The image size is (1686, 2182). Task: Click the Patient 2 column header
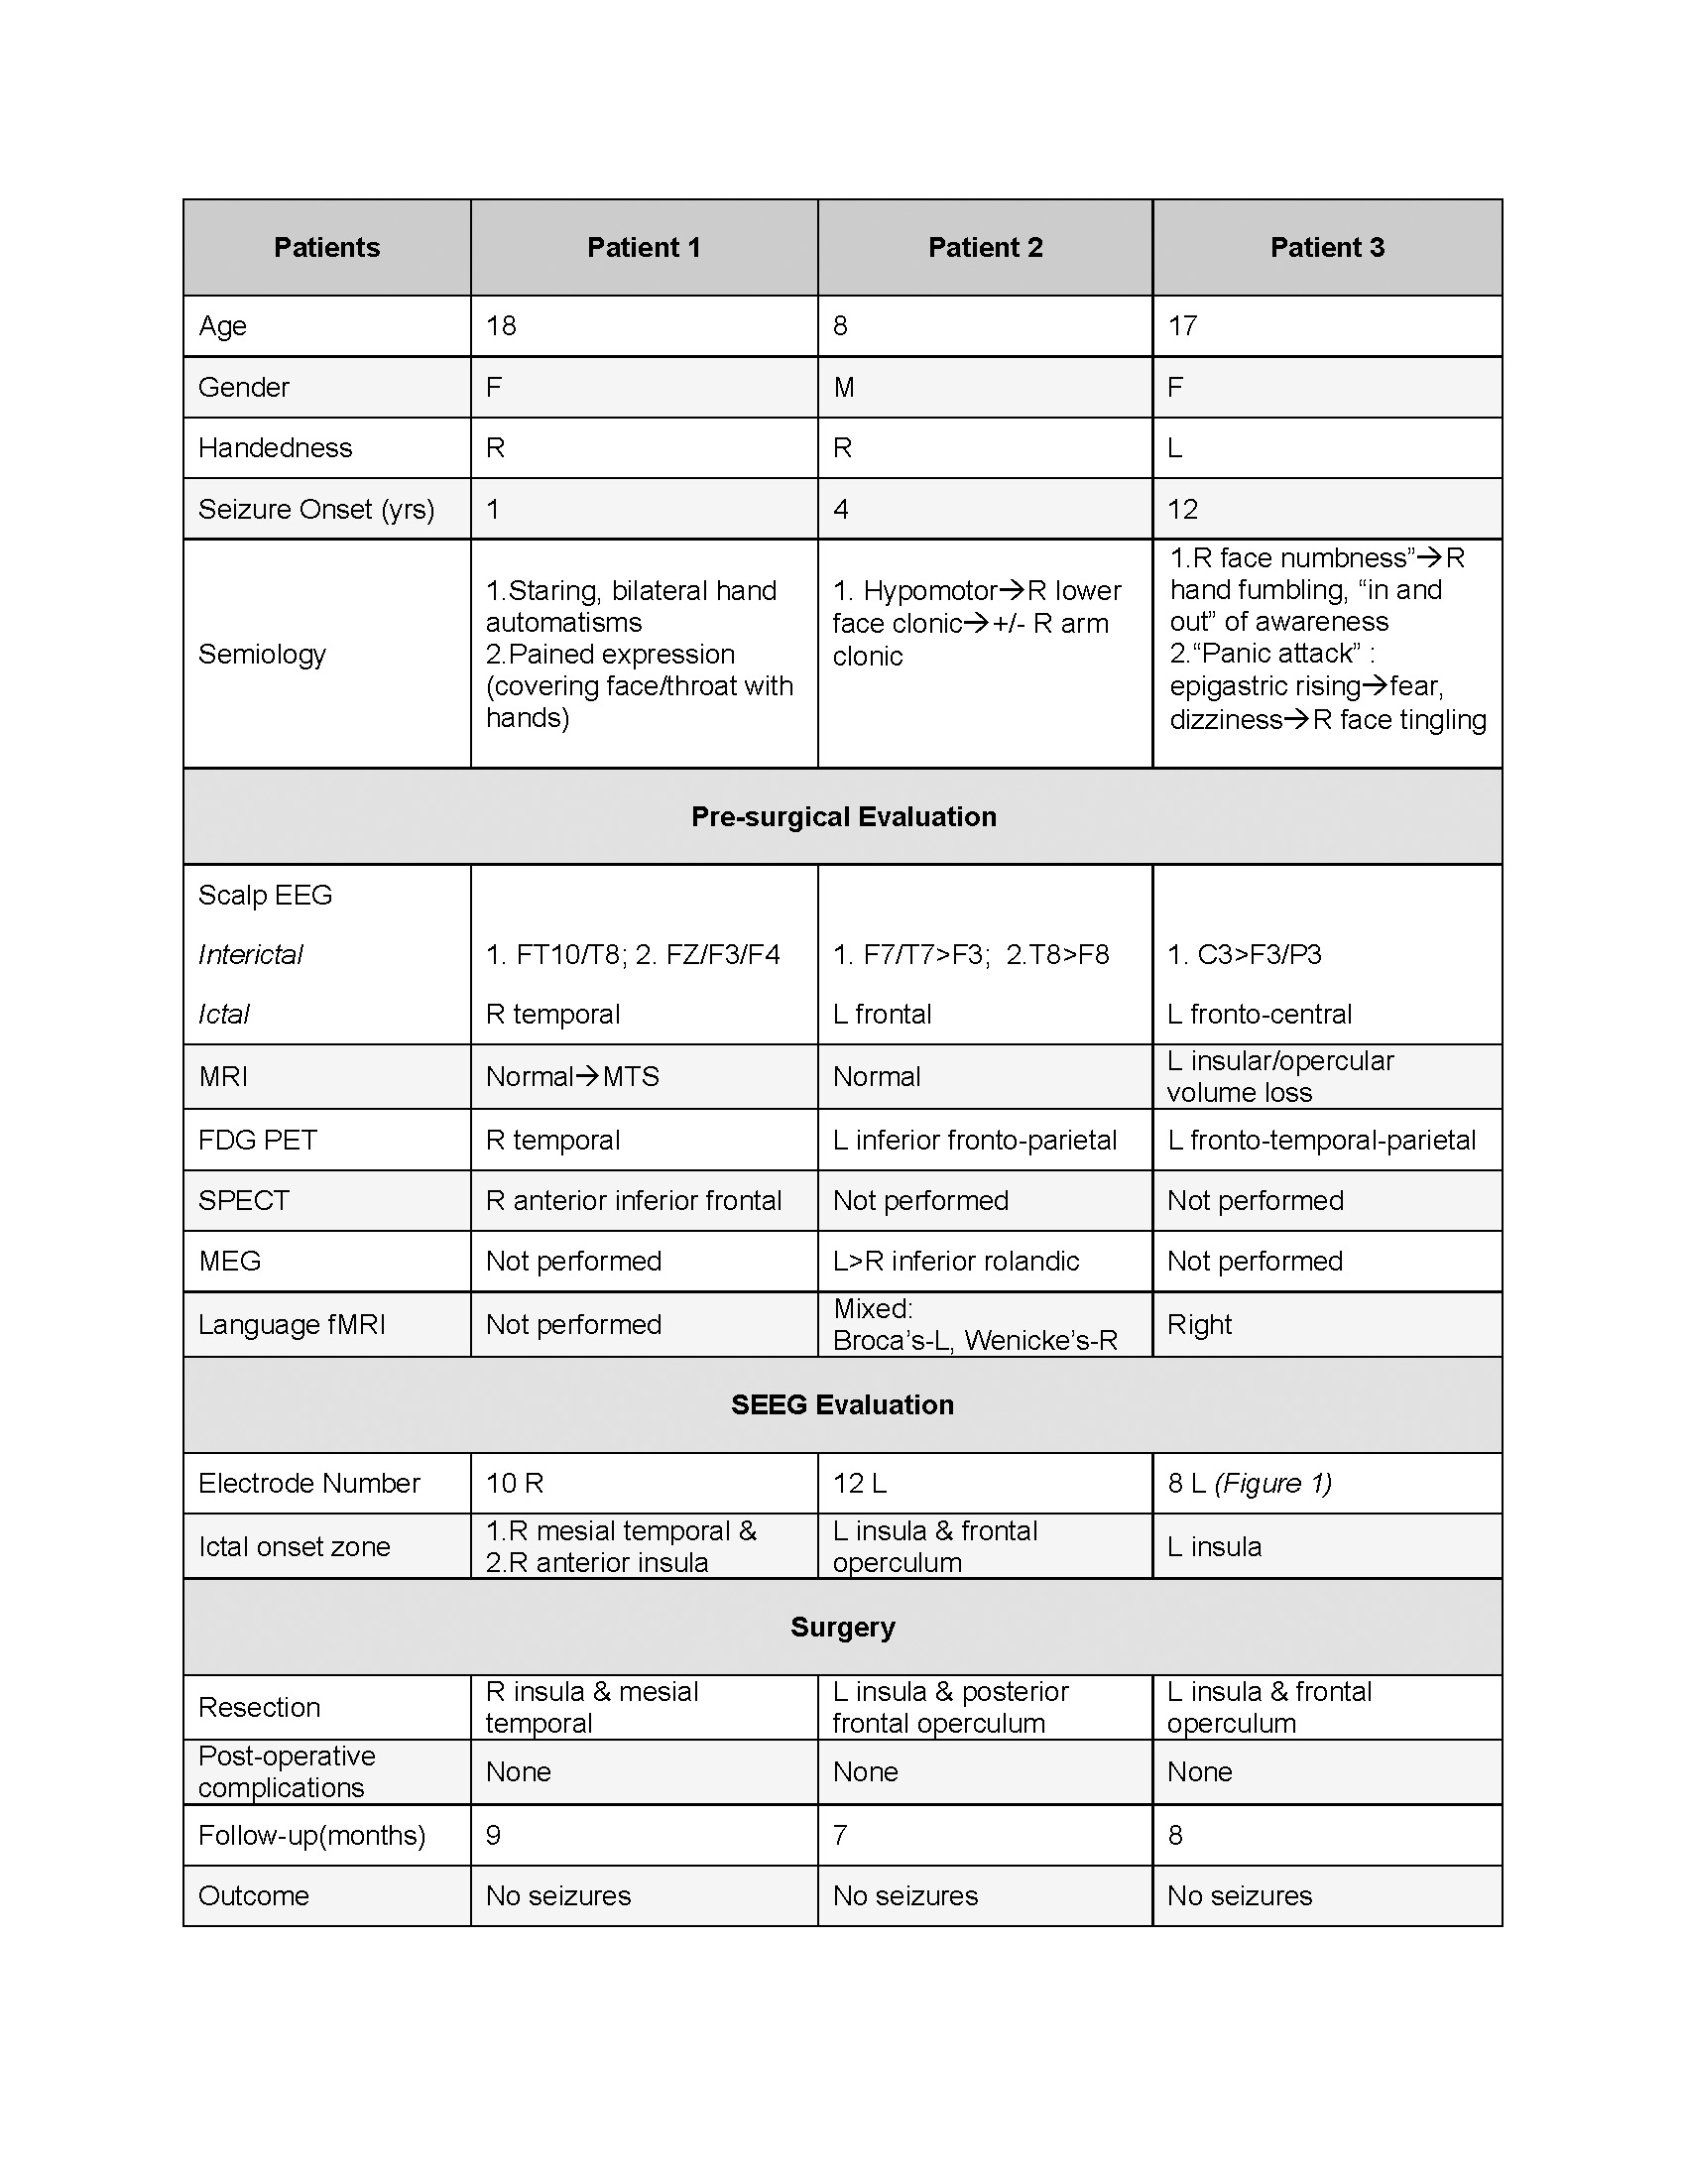click(x=985, y=248)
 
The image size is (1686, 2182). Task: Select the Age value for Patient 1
click(x=502, y=325)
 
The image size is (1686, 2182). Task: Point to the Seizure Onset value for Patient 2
click(x=841, y=510)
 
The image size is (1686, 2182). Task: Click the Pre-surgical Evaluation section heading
click(x=843, y=816)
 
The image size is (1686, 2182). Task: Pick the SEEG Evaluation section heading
click(x=842, y=1404)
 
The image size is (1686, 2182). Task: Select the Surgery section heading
click(x=842, y=1627)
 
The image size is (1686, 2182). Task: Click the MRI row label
click(x=223, y=1076)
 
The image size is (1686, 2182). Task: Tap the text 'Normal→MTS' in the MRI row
click(x=572, y=1076)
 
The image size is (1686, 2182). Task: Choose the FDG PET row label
click(x=258, y=1140)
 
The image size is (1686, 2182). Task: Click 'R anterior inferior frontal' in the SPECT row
click(x=634, y=1200)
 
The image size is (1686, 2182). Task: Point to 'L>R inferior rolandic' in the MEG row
click(x=956, y=1261)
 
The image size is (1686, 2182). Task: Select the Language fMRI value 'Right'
click(x=1200, y=1324)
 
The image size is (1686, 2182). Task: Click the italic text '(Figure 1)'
click(x=1272, y=1483)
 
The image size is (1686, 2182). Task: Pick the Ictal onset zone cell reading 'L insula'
click(x=1215, y=1546)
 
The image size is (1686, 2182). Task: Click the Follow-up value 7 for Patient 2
click(x=840, y=1834)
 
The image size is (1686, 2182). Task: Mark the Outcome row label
click(x=254, y=1895)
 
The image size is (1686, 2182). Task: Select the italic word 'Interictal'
click(x=251, y=954)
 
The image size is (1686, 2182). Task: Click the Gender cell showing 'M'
click(x=844, y=387)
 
